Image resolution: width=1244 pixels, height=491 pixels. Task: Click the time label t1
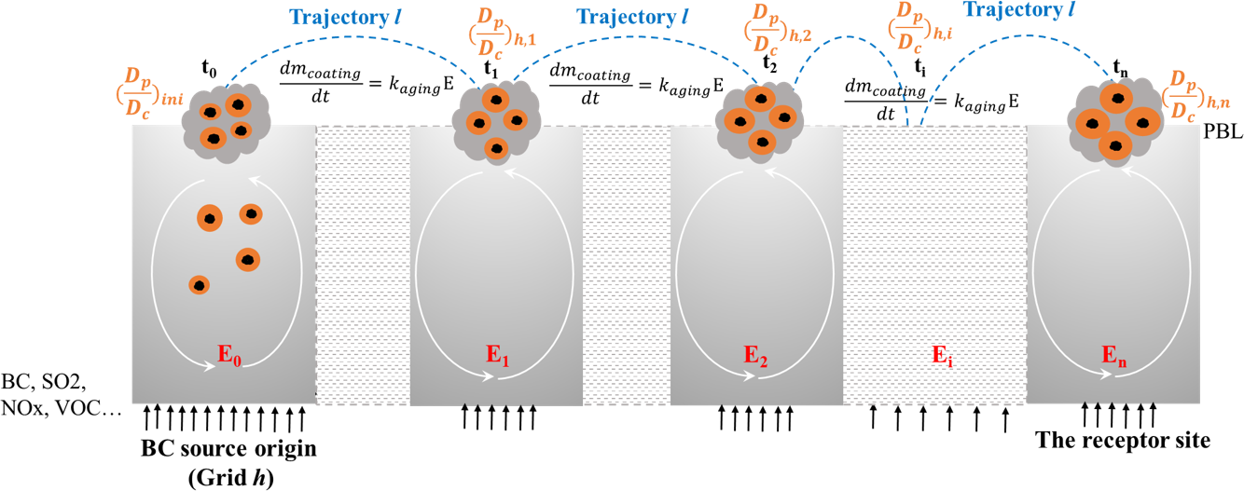coord(491,70)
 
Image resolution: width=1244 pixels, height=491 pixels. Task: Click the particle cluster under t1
coord(491,118)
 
